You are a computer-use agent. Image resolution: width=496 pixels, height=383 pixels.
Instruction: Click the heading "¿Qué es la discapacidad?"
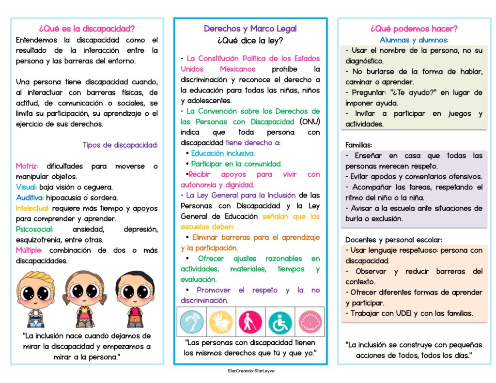tap(87, 29)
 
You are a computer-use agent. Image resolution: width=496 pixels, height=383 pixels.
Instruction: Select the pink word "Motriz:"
tap(27, 166)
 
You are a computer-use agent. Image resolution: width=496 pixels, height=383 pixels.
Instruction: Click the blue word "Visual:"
tap(26, 187)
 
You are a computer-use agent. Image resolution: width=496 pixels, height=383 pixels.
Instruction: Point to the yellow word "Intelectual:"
tap(32, 208)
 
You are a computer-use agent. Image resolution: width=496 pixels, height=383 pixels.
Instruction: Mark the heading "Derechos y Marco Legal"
tap(250, 29)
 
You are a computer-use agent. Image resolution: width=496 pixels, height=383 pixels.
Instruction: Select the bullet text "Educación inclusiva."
tap(223, 153)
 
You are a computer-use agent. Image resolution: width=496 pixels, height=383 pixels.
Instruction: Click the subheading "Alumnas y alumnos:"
tap(414, 40)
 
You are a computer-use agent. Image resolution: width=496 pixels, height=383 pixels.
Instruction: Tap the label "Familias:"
tap(359, 145)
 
